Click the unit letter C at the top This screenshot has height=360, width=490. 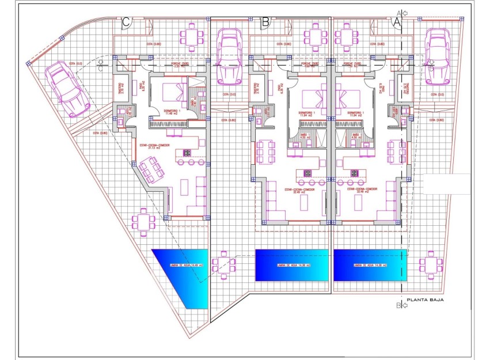(127, 22)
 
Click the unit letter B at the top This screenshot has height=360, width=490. (265, 22)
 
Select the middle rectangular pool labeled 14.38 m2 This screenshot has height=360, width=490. (291, 265)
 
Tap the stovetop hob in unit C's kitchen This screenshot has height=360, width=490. (188, 153)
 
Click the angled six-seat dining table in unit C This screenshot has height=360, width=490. (151, 170)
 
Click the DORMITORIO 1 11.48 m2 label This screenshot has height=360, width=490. (171, 112)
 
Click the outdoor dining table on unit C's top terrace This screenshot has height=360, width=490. (192, 36)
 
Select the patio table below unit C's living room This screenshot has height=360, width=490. (143, 222)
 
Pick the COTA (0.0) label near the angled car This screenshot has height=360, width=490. (75, 63)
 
